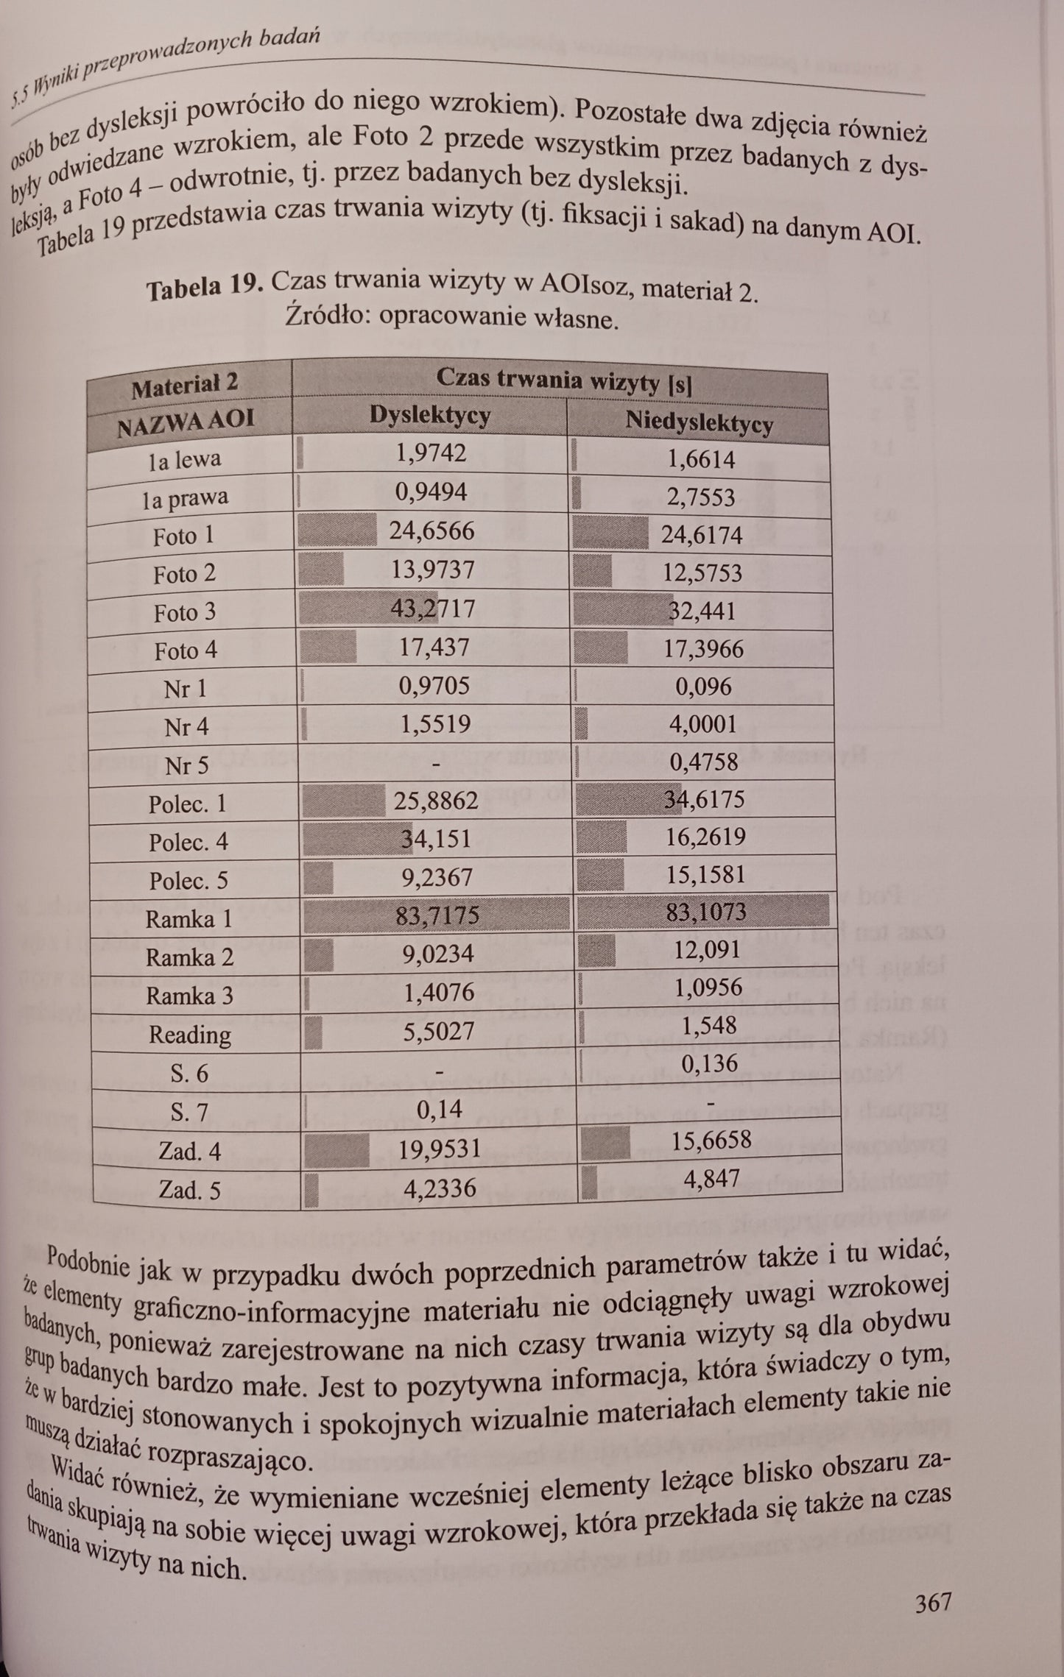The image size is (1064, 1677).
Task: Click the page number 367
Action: pos(933,1601)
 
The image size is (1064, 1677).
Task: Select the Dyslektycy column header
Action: pos(429,416)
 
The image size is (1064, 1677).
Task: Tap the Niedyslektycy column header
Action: pos(699,422)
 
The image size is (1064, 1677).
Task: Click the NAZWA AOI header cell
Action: pos(186,422)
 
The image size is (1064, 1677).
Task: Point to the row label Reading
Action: pos(190,1035)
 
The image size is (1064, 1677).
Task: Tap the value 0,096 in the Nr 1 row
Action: pos(703,687)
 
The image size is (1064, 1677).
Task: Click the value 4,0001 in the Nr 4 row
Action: pos(702,724)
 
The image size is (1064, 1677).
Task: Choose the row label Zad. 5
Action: pos(189,1190)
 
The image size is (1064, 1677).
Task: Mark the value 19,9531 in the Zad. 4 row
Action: pos(440,1148)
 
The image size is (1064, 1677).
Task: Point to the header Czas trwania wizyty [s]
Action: pos(563,380)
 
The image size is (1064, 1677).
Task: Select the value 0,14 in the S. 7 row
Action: pos(440,1109)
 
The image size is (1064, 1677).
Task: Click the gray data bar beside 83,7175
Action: pos(353,915)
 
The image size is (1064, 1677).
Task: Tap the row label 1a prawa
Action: pos(186,498)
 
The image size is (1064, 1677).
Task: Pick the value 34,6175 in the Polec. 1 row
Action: pos(704,799)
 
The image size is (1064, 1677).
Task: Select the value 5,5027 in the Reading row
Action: pos(439,1032)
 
